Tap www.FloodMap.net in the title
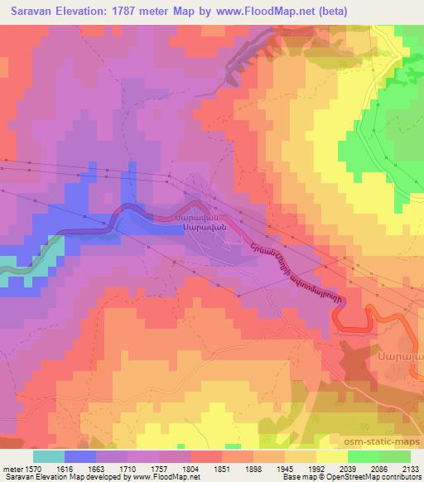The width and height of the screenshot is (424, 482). (263, 12)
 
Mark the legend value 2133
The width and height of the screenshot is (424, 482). (410, 470)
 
